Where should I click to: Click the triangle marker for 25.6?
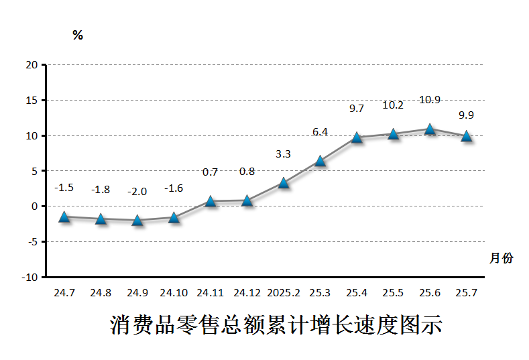(x=430, y=129)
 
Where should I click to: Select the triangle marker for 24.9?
(x=137, y=220)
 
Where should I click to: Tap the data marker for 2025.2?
(x=284, y=182)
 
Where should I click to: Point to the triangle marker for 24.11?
(x=211, y=200)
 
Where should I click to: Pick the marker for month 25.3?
(x=320, y=161)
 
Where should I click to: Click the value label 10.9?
(x=430, y=100)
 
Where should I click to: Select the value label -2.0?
(x=137, y=191)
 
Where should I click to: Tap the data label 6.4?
(x=320, y=132)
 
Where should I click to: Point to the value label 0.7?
(x=211, y=172)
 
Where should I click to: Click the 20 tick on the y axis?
(x=31, y=65)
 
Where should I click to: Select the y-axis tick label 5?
(x=34, y=171)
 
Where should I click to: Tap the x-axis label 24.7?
(x=64, y=293)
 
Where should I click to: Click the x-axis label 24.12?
(x=247, y=293)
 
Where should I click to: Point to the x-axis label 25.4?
(x=357, y=293)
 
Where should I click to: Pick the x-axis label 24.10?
(x=174, y=293)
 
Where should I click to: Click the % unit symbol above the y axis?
(x=78, y=36)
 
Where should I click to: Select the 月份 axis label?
(x=501, y=258)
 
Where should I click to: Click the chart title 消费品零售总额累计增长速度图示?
(x=276, y=325)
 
